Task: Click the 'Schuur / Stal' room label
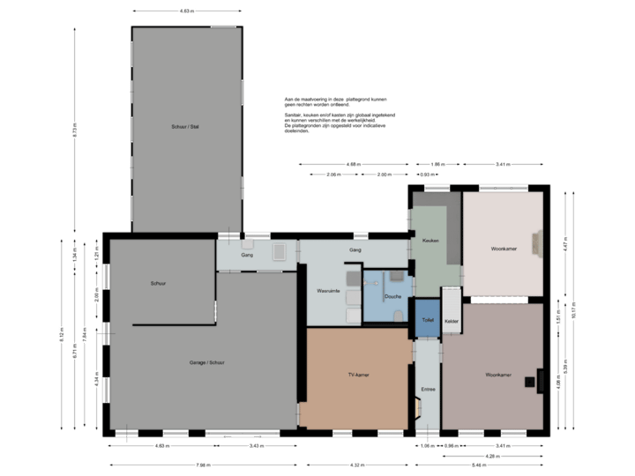point(185,127)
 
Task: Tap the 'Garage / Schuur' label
point(206,362)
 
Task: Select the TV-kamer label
point(358,375)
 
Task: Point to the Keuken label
point(430,241)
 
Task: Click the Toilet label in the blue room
point(428,319)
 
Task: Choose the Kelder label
point(451,319)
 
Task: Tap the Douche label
point(393,296)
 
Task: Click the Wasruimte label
point(329,291)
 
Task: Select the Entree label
point(429,388)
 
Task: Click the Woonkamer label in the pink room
point(504,249)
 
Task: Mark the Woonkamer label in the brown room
point(497,376)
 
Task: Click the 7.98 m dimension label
point(203,465)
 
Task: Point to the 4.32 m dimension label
point(357,465)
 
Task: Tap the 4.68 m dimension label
point(353,164)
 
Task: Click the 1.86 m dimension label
point(436,164)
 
